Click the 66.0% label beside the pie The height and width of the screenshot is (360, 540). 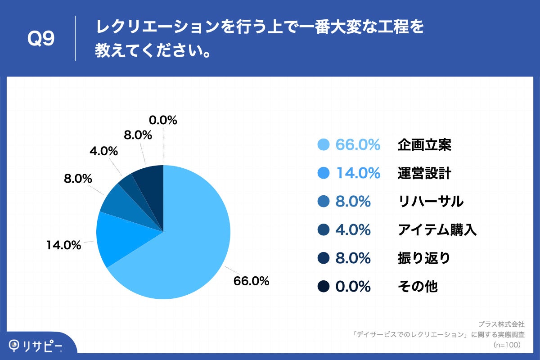pyautogui.click(x=251, y=281)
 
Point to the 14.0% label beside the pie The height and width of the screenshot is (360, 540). pyautogui.click(x=63, y=245)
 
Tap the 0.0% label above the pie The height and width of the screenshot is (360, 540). pyautogui.click(x=162, y=120)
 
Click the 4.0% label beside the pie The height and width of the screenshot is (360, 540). pyautogui.click(x=103, y=151)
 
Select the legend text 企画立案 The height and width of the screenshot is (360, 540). pyautogui.click(x=424, y=145)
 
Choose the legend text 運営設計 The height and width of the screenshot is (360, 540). pyautogui.click(x=424, y=173)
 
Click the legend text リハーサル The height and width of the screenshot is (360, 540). pyautogui.click(x=431, y=202)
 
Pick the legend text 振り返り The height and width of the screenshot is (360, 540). pyautogui.click(x=424, y=258)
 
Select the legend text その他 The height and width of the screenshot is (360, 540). pyautogui.click(x=418, y=287)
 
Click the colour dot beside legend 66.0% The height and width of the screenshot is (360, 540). pyautogui.click(x=324, y=145)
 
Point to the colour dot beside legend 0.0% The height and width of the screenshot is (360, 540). pyautogui.click(x=324, y=287)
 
